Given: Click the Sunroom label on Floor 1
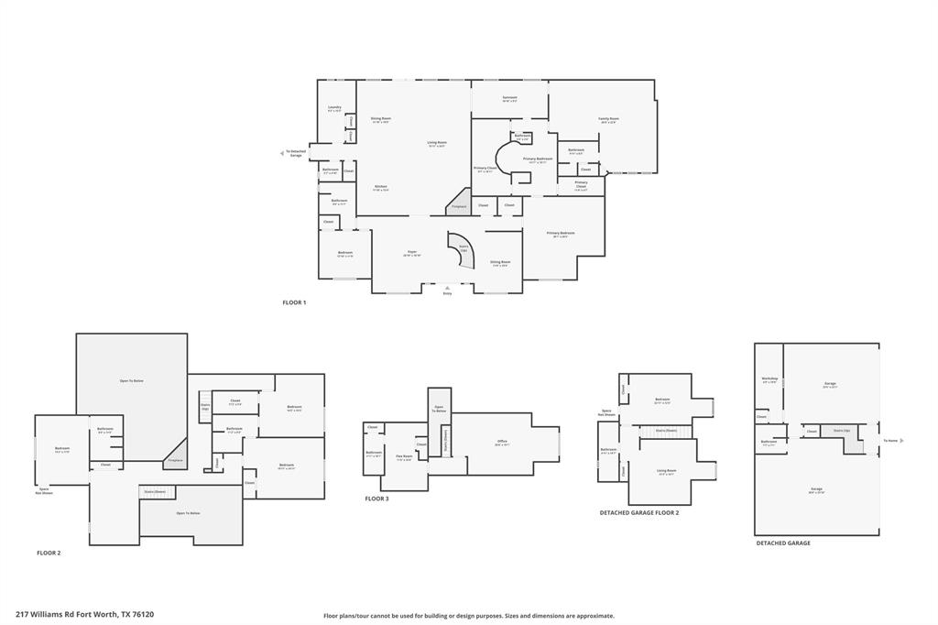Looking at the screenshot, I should click(x=510, y=98).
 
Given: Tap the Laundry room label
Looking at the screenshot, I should click(x=334, y=108).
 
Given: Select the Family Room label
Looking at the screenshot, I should click(x=609, y=119).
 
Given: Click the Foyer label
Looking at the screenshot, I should click(x=412, y=253).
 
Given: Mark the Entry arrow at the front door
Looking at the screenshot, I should click(x=447, y=288).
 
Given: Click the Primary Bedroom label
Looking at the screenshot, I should click(x=561, y=234).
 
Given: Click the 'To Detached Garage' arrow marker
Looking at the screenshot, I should click(x=283, y=154).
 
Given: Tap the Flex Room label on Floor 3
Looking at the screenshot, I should click(x=403, y=455).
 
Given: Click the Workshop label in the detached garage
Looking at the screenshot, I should click(x=769, y=379).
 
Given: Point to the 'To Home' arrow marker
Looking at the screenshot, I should click(x=901, y=441).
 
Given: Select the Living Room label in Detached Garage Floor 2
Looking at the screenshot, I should click(x=666, y=471).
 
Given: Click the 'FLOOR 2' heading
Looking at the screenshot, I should click(x=49, y=553).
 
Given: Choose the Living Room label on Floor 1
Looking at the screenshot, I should click(x=437, y=143).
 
